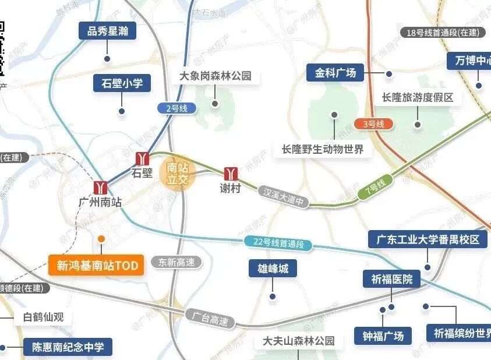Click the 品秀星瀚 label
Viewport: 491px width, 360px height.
[108, 31]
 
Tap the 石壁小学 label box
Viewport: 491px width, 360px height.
[122, 83]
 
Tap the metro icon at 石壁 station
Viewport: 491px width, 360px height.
[143, 158]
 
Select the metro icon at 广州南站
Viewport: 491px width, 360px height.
[101, 187]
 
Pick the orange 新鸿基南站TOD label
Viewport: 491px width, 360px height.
[97, 266]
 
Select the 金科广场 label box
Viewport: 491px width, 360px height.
[335, 73]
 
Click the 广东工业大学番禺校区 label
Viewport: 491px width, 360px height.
[428, 239]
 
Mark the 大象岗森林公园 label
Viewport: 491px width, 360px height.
[216, 76]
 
